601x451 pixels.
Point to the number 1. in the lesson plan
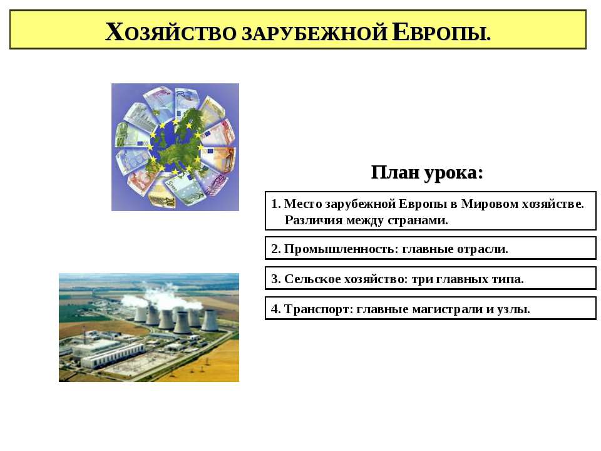[277, 204]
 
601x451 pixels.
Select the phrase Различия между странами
[366, 220]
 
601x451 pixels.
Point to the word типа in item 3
[508, 279]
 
